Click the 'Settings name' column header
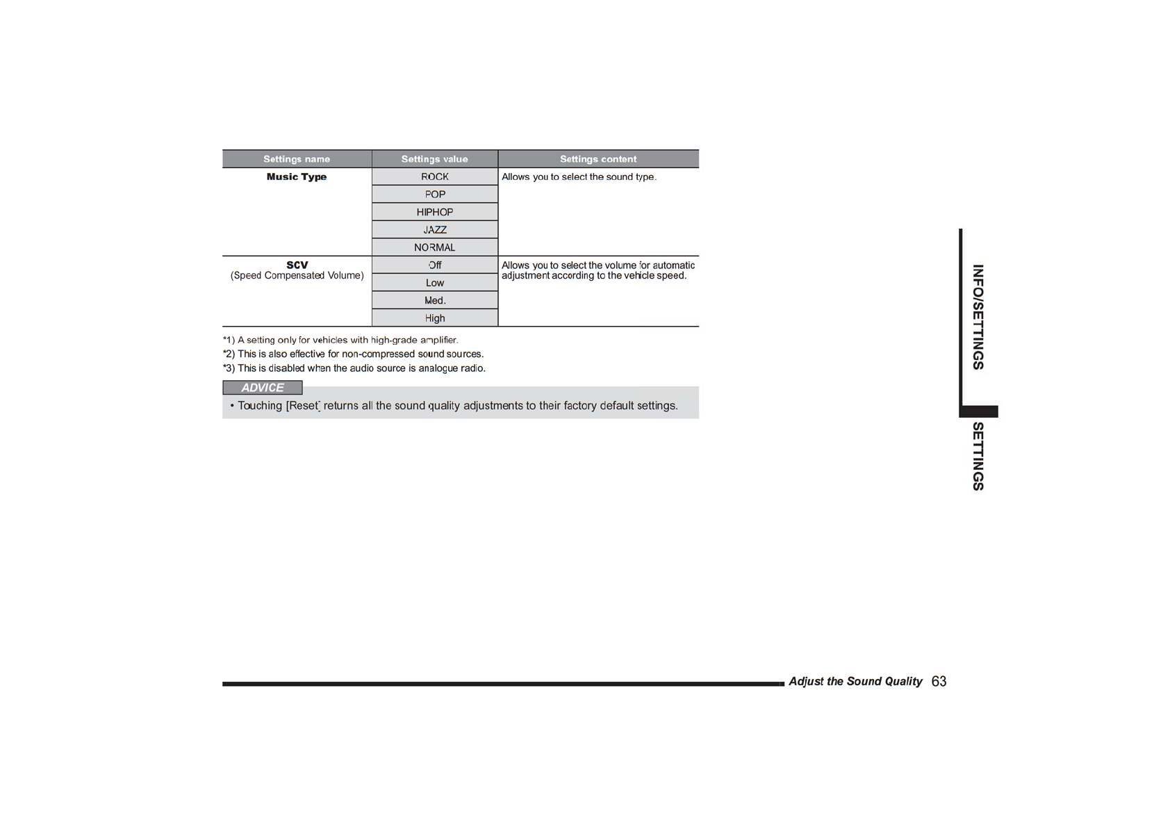297,159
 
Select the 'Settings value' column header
434,159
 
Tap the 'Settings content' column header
598,159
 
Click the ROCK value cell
435,177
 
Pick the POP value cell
435,195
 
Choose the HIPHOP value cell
435,212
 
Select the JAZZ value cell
435,230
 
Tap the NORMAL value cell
435,247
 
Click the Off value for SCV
435,265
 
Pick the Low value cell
435,283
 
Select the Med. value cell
435,301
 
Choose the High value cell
435,318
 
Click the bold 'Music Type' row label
297,177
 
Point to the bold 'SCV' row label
297,265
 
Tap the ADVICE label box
263,388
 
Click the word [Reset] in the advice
303,406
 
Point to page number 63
939,682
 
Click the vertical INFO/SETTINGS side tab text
978,317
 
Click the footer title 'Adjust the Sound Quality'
855,682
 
